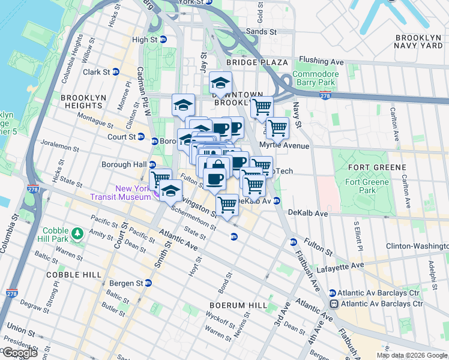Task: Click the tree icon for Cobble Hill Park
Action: (77, 232)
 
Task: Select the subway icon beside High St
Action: (163, 40)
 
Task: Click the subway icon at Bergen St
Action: (148, 283)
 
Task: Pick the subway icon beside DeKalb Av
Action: (277, 201)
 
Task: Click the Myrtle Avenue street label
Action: (284, 146)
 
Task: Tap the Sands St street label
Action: (263, 31)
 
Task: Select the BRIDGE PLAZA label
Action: (258, 62)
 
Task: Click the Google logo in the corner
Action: (19, 353)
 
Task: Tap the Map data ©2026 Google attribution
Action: (412, 355)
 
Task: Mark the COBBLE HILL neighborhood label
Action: (65, 274)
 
